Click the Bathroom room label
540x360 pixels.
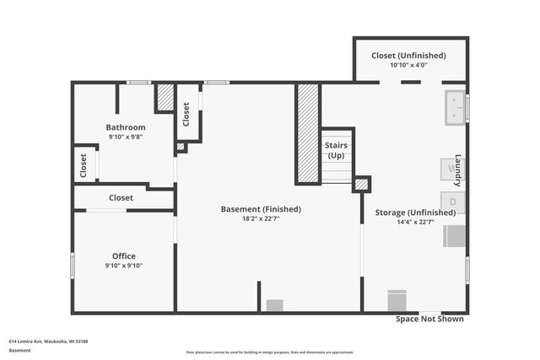(x=126, y=127)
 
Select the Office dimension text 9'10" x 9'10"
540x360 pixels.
(x=124, y=266)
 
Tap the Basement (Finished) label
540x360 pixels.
(x=261, y=209)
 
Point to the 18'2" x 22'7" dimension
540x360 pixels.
(x=261, y=218)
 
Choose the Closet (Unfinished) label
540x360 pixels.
(x=408, y=56)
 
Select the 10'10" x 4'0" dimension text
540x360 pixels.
(x=408, y=65)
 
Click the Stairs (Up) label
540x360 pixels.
(x=336, y=151)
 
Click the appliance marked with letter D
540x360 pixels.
(x=452, y=202)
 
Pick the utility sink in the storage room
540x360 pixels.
(x=455, y=108)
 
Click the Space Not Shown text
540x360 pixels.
(x=430, y=320)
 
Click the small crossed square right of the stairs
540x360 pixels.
(x=361, y=184)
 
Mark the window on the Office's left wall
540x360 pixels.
(x=73, y=266)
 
